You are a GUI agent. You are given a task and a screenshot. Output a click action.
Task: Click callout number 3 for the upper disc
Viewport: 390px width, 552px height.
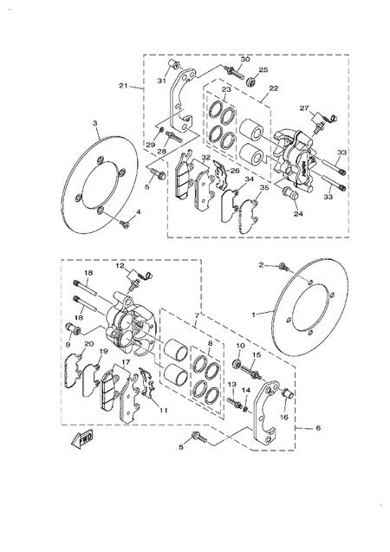coord(94,124)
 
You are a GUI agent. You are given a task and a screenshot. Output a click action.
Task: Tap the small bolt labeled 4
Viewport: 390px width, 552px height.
coord(125,224)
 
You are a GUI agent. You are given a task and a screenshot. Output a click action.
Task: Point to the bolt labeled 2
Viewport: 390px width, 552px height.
coord(283,265)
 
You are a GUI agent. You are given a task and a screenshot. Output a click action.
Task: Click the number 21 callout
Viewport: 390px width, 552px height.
coord(124,86)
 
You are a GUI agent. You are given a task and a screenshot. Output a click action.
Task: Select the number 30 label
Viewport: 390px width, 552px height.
coord(245,59)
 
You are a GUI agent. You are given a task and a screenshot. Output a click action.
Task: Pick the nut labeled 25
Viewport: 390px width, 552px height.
coord(252,82)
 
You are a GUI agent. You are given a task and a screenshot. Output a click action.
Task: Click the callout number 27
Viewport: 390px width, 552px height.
coord(304,108)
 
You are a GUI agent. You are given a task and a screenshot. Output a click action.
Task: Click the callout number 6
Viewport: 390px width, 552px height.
coord(318,429)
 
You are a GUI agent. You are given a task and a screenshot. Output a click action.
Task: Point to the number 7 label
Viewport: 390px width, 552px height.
coord(196,318)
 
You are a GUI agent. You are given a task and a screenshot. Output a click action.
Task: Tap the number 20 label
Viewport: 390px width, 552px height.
coord(88,344)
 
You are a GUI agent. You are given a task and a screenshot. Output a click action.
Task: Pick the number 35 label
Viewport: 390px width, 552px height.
coord(263,187)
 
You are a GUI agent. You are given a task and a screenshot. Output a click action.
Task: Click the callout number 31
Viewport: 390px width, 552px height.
coord(161,81)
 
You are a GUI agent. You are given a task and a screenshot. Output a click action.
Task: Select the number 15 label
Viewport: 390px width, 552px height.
coord(257,355)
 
